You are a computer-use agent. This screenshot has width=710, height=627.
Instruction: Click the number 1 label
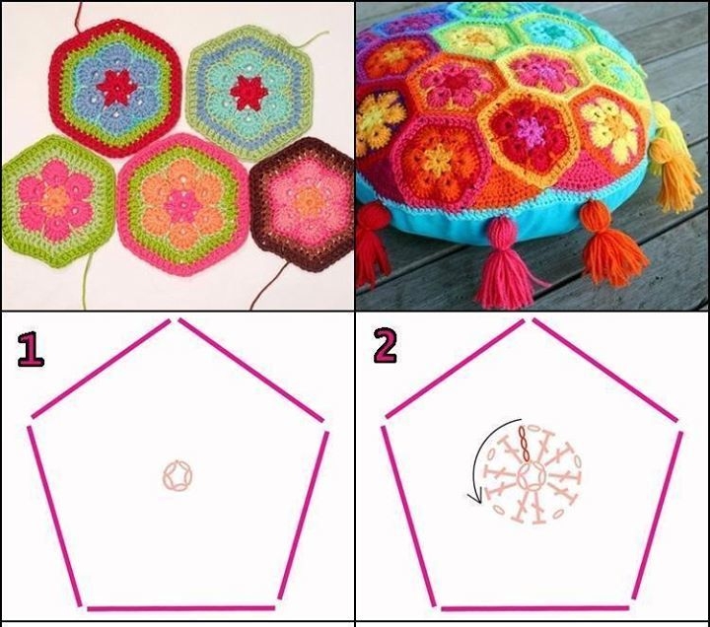pyautogui.click(x=31, y=349)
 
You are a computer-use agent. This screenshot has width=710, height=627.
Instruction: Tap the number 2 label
pyautogui.click(x=386, y=346)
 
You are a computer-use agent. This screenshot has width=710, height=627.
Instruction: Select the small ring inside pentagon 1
pyautogui.click(x=177, y=476)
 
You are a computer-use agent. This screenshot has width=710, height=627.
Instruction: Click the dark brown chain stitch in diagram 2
pyautogui.click(x=525, y=444)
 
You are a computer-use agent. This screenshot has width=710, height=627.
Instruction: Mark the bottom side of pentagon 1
pyautogui.click(x=181, y=608)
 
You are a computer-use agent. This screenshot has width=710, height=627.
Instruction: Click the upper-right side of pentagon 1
pyautogui.click(x=251, y=370)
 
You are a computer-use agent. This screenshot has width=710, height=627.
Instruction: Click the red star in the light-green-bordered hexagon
pyautogui.click(x=246, y=93)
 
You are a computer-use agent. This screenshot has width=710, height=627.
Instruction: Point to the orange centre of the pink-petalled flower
pyautogui.click(x=55, y=198)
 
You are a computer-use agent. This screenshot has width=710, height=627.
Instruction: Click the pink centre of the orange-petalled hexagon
pyautogui.click(x=182, y=205)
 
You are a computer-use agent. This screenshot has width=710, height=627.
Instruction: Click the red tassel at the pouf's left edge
pyautogui.click(x=372, y=244)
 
